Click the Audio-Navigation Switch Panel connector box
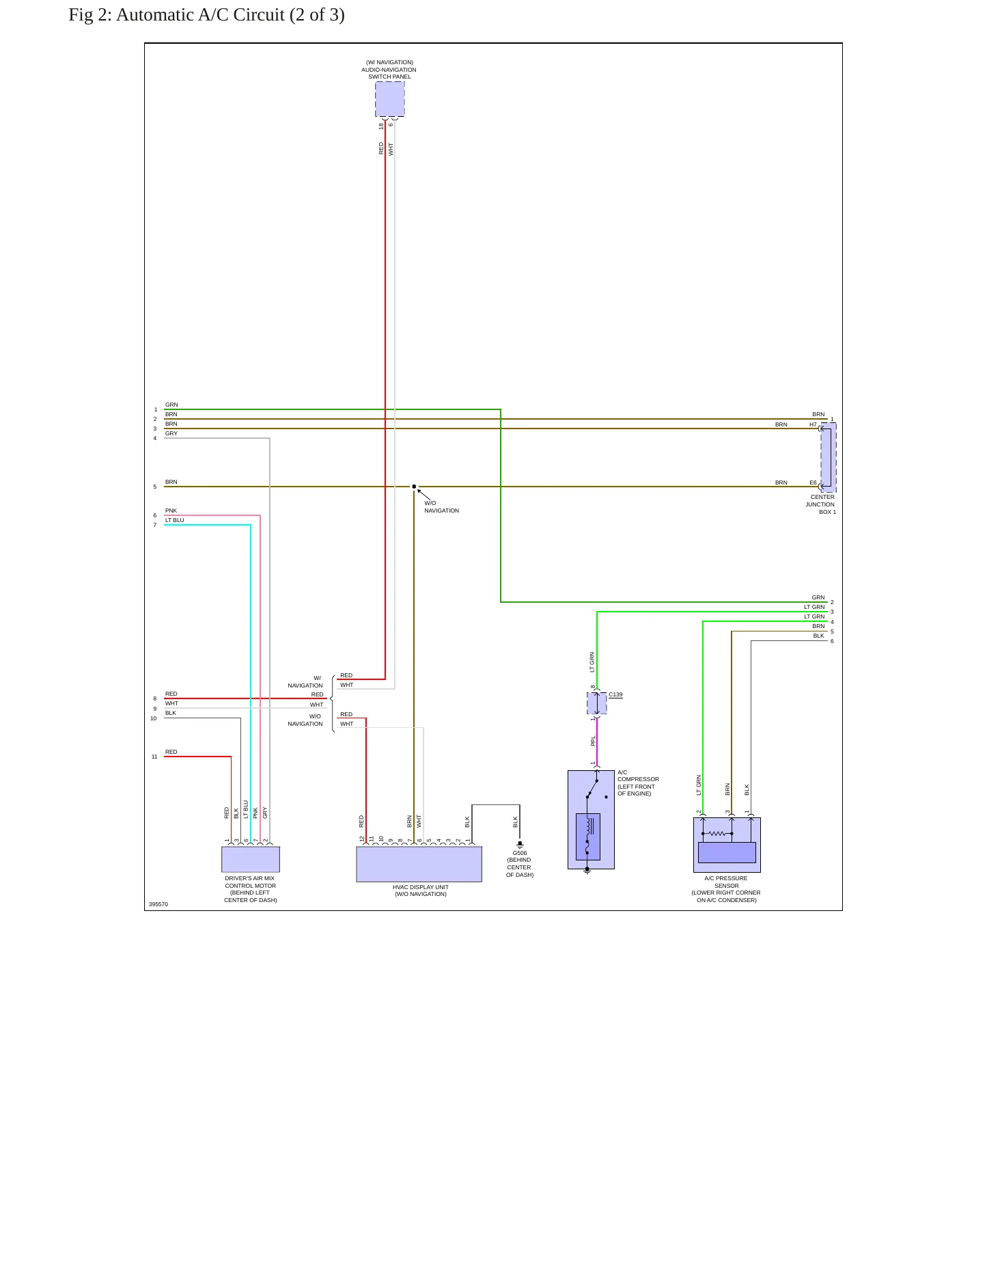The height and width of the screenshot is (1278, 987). (x=389, y=99)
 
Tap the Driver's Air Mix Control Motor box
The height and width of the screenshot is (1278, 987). (x=251, y=859)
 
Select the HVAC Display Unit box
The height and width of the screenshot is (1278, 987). (x=419, y=864)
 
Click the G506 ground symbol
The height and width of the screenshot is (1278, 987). (x=520, y=845)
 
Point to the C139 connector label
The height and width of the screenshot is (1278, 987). (x=615, y=694)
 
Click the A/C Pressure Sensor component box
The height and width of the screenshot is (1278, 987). (x=727, y=845)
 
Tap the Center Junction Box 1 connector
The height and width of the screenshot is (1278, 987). (x=828, y=457)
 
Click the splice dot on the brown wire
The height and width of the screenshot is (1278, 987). (x=414, y=487)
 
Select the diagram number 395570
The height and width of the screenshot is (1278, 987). (x=158, y=904)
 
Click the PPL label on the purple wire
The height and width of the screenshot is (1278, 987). (x=593, y=741)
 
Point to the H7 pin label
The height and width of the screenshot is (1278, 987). (x=813, y=424)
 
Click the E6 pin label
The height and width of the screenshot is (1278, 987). (x=813, y=482)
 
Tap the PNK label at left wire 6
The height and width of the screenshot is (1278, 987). (x=171, y=511)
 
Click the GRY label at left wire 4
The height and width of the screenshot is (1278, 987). (x=171, y=433)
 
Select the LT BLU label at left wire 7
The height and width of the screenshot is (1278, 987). (x=174, y=520)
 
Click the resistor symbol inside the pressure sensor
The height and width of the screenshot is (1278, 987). (x=717, y=834)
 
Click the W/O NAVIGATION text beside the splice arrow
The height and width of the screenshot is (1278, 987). (x=441, y=507)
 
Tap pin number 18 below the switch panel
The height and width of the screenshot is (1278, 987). (x=381, y=126)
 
